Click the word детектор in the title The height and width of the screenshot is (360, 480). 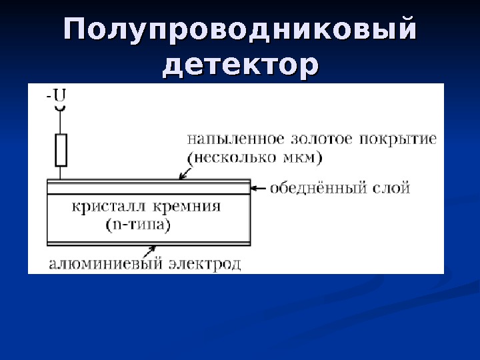click(x=240, y=65)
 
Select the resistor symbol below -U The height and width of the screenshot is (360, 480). click(x=61, y=149)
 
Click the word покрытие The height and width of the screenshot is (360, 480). click(x=398, y=140)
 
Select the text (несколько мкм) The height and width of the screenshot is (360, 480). click(x=255, y=158)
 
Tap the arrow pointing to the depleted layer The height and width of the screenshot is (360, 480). click(x=259, y=189)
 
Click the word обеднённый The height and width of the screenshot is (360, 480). click(x=317, y=189)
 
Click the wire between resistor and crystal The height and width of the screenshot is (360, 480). click(x=61, y=172)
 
